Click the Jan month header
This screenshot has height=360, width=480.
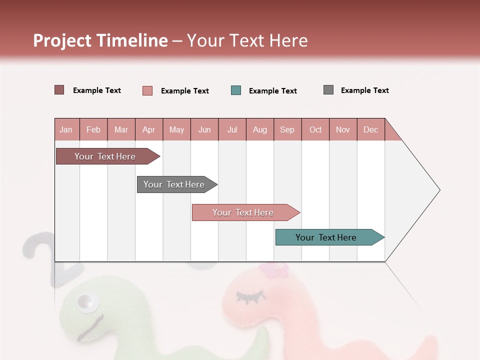click(x=66, y=129)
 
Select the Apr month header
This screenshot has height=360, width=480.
click(x=149, y=129)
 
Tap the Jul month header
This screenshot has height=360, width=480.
click(x=232, y=129)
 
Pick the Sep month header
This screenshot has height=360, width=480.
click(x=287, y=129)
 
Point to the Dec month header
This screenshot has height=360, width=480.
click(x=370, y=129)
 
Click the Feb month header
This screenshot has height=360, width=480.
click(x=93, y=129)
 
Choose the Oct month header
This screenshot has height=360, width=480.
click(x=315, y=129)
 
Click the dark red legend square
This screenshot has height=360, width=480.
click(x=59, y=90)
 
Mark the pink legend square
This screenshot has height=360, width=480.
click(x=147, y=90)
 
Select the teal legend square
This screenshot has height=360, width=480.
click(x=236, y=90)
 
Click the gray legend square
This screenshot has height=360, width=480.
click(x=328, y=90)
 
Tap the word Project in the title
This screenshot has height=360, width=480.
click(x=62, y=40)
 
